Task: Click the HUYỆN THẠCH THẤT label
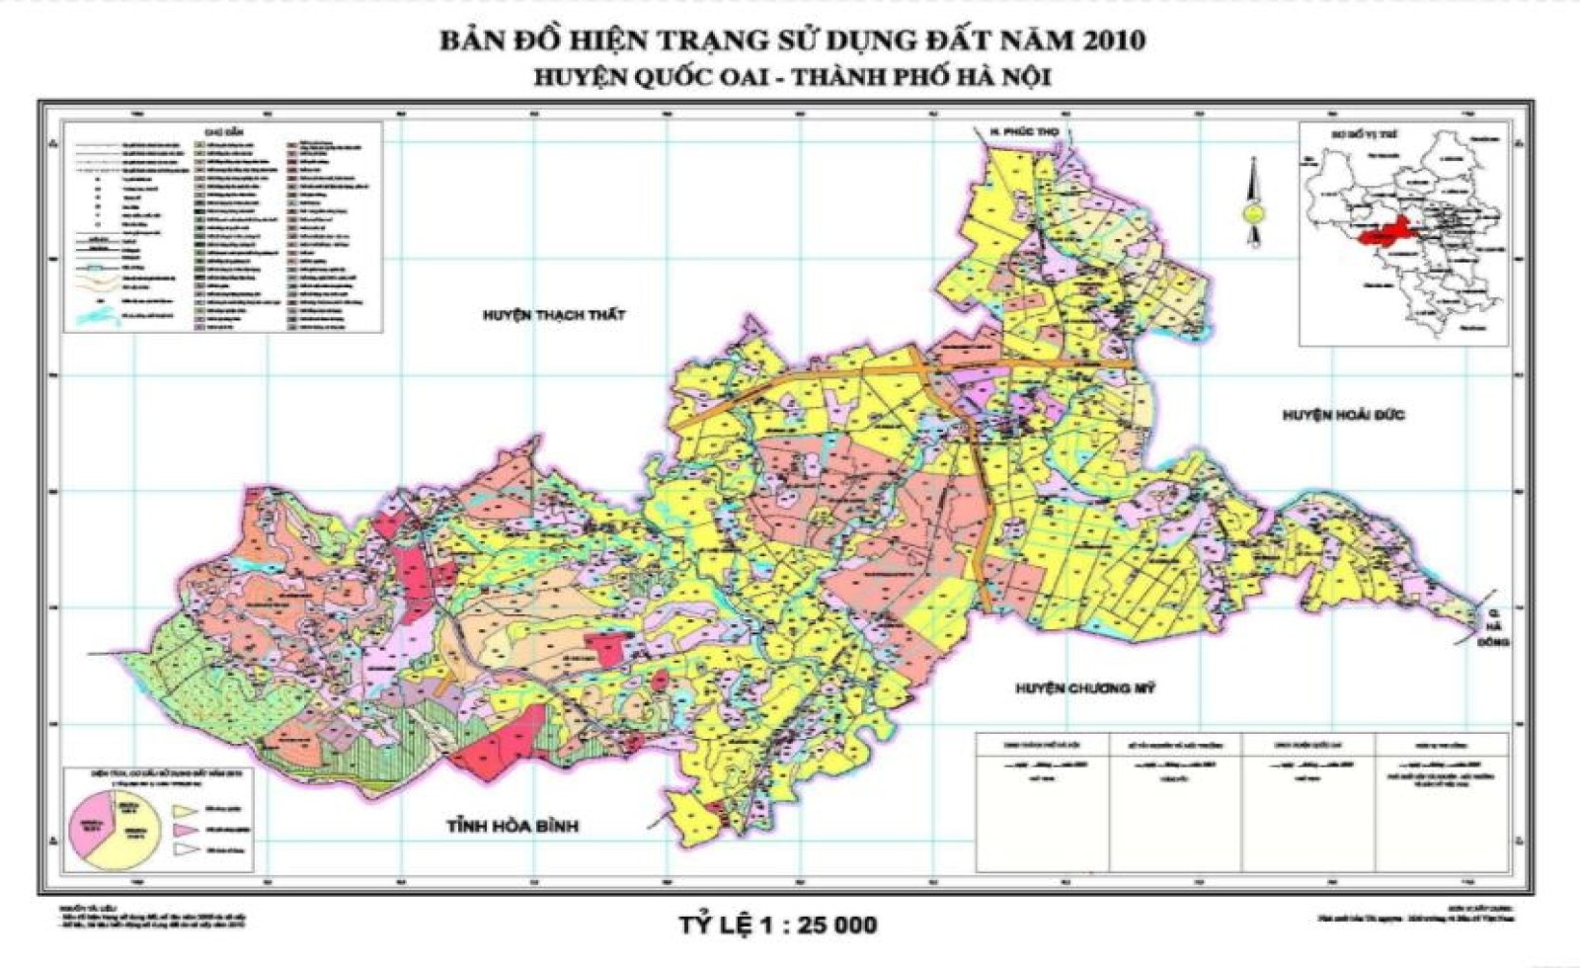pyautogui.click(x=554, y=315)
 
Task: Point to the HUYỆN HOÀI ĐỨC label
pyautogui.click(x=1343, y=415)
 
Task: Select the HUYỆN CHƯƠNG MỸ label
pyautogui.click(x=1084, y=688)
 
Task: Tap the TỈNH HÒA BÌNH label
pyautogui.click(x=511, y=826)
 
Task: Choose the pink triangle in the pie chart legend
pyautogui.click(x=183, y=831)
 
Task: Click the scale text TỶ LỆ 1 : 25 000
pyautogui.click(x=777, y=926)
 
